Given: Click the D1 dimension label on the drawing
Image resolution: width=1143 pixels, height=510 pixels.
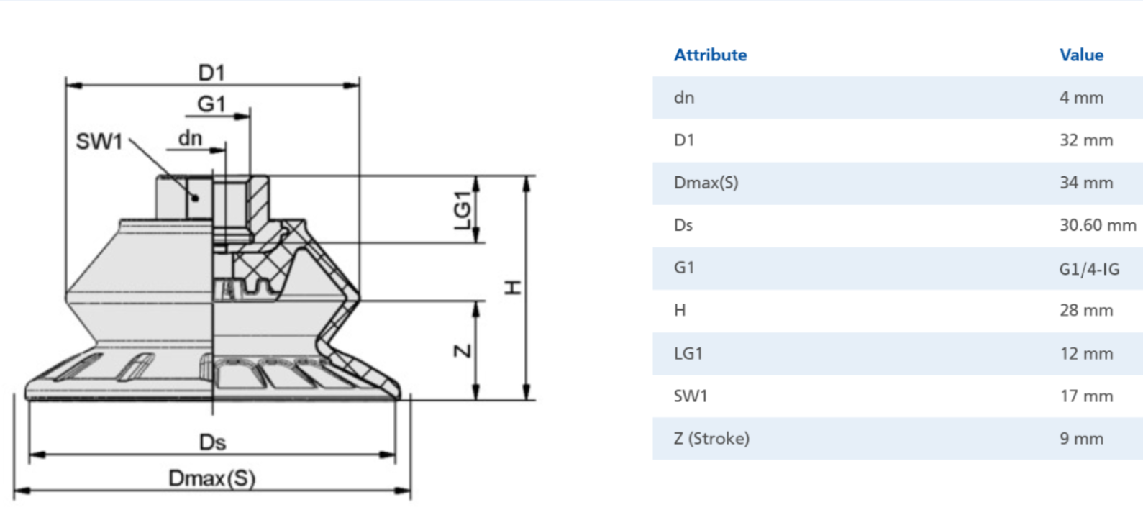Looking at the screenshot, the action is (211, 73).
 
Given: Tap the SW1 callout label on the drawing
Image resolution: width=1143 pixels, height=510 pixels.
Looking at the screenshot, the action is (99, 142).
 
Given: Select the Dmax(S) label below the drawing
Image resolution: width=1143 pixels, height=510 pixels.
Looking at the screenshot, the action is (211, 478).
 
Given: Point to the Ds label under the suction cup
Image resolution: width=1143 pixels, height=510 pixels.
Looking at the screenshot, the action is (212, 442).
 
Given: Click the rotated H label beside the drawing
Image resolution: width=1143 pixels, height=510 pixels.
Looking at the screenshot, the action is (512, 288).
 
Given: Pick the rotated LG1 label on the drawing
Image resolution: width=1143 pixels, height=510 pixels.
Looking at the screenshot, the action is (463, 211).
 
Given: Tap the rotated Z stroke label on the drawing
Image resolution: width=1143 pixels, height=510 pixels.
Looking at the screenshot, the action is (463, 351).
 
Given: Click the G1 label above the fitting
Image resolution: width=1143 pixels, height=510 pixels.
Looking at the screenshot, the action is (211, 104).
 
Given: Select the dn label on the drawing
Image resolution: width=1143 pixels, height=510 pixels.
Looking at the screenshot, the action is (190, 138).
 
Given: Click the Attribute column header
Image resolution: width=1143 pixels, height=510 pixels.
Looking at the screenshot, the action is (710, 55).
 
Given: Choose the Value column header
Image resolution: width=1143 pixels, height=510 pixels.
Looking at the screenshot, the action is (1081, 55).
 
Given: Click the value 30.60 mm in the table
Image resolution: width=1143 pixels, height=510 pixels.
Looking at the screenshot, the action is (1098, 225).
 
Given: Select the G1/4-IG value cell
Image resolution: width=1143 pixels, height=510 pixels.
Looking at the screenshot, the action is (1090, 268).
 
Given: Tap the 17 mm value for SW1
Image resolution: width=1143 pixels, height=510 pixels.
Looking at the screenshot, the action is (1086, 396).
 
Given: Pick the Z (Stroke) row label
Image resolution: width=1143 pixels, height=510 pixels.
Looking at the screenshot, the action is (712, 439).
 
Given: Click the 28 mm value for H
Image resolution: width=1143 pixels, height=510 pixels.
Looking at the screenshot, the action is (1086, 311).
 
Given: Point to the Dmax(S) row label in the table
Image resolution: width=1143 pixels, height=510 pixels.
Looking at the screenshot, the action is (706, 183).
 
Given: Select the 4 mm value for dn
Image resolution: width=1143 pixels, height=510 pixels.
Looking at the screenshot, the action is (1082, 98).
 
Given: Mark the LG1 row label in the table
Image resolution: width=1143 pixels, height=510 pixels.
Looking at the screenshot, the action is (688, 353).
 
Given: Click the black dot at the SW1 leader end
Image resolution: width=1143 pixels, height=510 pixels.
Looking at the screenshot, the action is (196, 198).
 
